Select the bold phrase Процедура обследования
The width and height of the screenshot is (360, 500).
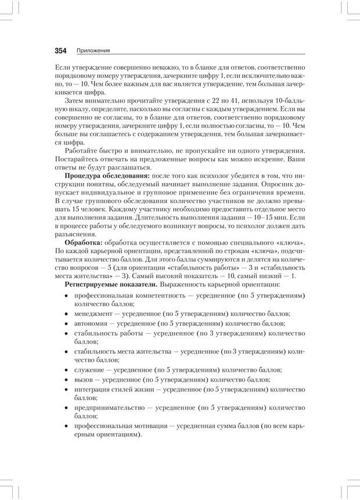[x=107, y=175]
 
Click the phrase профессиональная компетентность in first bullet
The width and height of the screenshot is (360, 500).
[x=131, y=295]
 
